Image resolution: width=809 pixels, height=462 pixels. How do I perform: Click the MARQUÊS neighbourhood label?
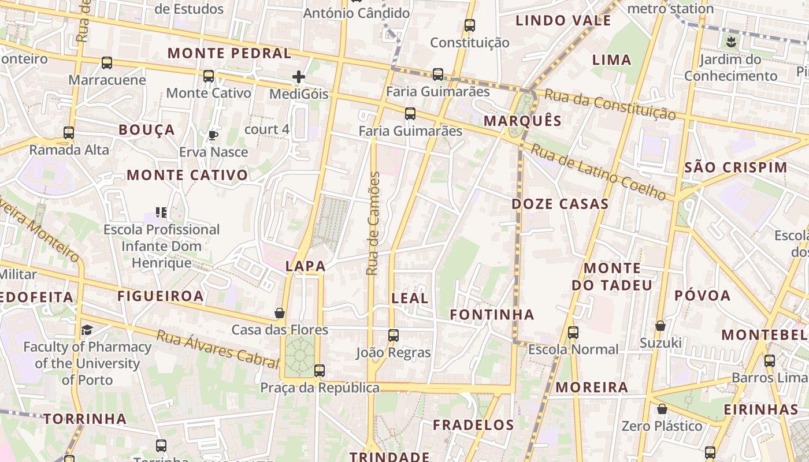click(522, 121)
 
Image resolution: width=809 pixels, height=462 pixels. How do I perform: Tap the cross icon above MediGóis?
click(299, 76)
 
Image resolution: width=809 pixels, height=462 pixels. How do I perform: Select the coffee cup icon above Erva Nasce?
click(213, 135)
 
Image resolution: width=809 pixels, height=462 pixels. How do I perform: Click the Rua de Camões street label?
click(374, 223)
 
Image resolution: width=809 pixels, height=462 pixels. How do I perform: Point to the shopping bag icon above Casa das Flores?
click(280, 313)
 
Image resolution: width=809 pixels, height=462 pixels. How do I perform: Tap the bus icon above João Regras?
click(394, 335)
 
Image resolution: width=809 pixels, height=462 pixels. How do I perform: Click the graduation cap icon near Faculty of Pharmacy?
click(87, 330)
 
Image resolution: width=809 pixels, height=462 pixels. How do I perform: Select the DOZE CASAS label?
click(560, 204)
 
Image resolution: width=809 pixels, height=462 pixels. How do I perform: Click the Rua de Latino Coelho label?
click(599, 172)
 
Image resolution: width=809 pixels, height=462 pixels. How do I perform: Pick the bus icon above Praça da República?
click(319, 370)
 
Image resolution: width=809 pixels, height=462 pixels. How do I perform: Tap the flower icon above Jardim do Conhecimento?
click(731, 42)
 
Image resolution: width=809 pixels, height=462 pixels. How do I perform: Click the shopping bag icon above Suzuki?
click(660, 326)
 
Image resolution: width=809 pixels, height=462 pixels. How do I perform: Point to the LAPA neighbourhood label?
click(306, 266)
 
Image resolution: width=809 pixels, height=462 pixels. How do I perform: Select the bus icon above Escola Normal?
click(573, 332)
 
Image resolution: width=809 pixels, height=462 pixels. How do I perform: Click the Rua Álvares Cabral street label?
click(218, 349)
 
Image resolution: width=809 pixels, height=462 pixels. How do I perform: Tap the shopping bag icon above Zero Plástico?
click(662, 409)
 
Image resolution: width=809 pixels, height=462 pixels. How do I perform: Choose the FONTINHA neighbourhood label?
click(492, 315)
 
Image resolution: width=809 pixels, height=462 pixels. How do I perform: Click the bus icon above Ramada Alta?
click(69, 133)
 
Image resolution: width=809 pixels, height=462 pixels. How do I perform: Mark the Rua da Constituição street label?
click(610, 104)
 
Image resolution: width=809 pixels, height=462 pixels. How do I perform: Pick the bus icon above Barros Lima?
click(770, 361)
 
